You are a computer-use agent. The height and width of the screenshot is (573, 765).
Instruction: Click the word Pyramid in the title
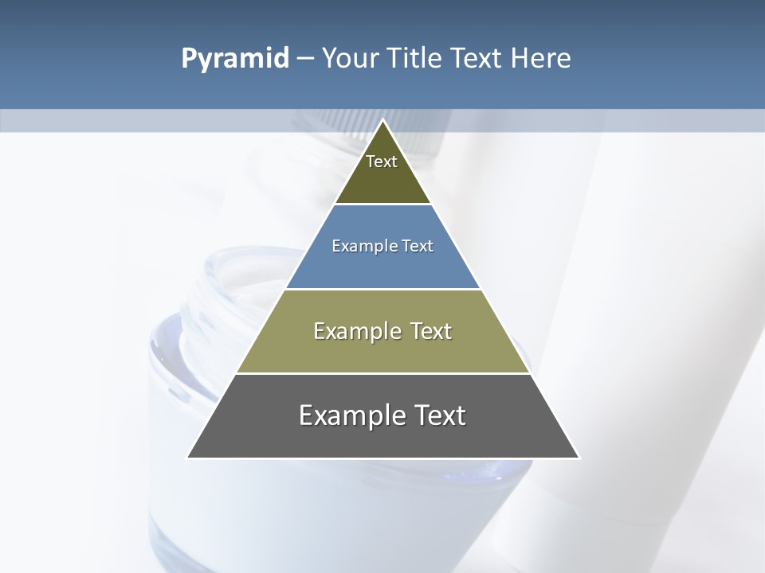tap(234, 59)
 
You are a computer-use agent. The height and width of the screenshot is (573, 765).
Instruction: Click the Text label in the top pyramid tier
tap(382, 162)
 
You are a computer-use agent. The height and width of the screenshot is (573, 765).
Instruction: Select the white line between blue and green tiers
tap(383, 289)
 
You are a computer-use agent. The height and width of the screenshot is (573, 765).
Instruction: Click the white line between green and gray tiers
tap(383, 373)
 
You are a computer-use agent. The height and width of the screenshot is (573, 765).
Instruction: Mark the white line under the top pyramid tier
tap(383, 205)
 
